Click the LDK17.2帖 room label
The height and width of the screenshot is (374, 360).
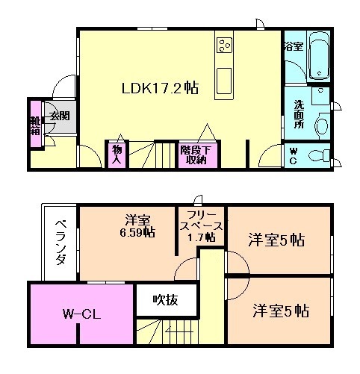coord(160,87)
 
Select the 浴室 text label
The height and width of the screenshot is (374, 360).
coord(293,46)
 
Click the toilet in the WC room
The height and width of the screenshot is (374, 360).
coord(319,155)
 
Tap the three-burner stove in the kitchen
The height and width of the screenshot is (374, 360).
coord(224,45)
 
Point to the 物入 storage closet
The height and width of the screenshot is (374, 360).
coord(117,154)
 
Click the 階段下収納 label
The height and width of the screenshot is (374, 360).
coord(193,154)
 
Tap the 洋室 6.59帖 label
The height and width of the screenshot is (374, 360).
coord(139,226)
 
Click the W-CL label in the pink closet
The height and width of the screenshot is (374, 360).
coord(81,314)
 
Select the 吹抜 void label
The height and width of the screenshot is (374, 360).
coord(165,300)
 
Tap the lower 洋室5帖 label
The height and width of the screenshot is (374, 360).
coord(281,309)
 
